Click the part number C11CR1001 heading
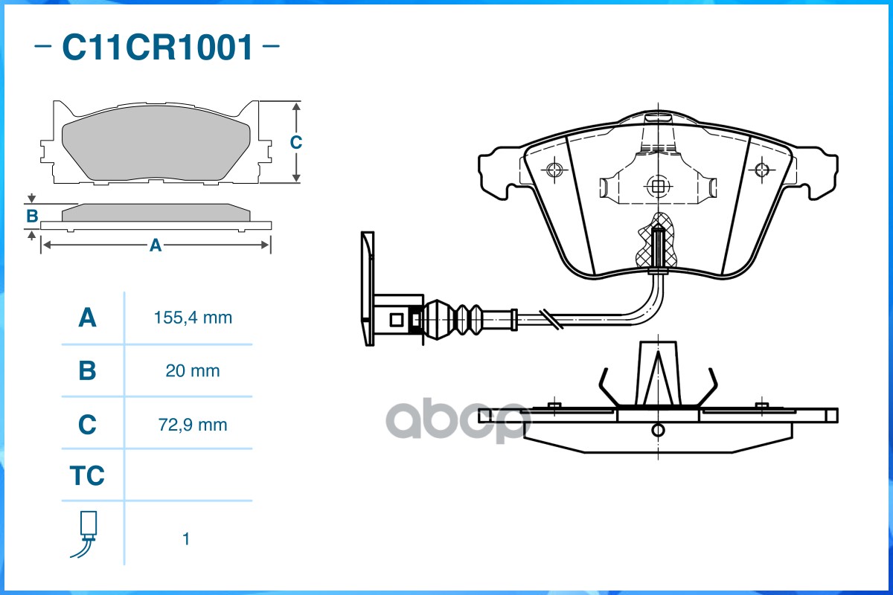158,47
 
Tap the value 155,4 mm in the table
193,318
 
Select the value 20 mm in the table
193,371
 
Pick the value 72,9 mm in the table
193,425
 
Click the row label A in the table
87,318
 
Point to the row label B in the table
87,370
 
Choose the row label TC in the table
87,475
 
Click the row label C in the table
87,424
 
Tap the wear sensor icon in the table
86,534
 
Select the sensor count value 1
186,539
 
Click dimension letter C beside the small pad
296,142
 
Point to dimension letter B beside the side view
32,216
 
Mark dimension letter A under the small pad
156,245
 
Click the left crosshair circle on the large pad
554,170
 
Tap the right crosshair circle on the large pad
762,170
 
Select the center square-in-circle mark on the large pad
658,186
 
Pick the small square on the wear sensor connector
396,320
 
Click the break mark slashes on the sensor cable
551,319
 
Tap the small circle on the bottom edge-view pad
658,431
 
